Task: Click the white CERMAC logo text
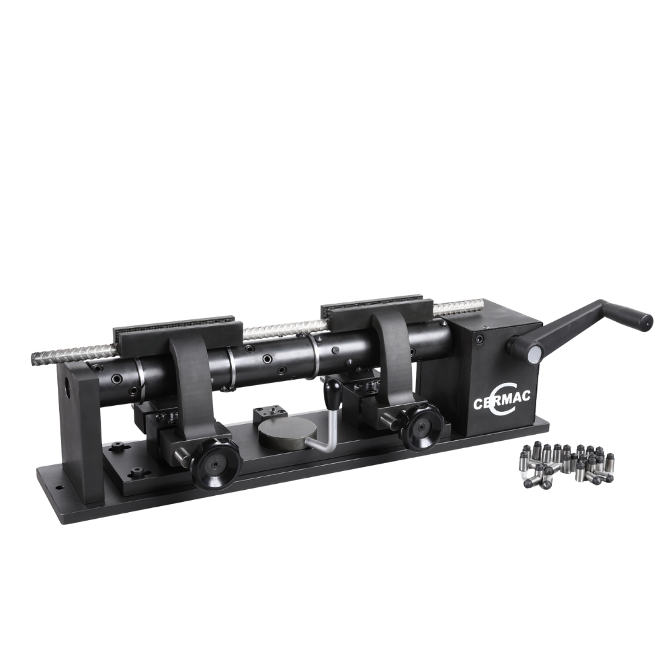pyautogui.click(x=501, y=401)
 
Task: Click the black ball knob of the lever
pyautogui.click(x=333, y=388)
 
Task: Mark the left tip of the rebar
pyautogui.click(x=34, y=357)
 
